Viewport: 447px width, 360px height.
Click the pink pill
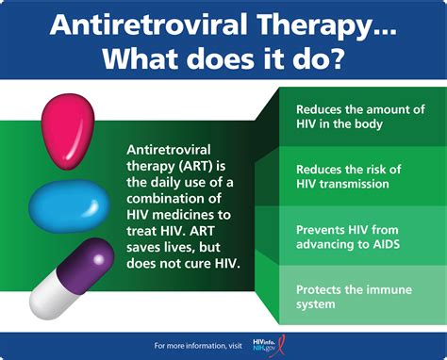(x=67, y=123)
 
